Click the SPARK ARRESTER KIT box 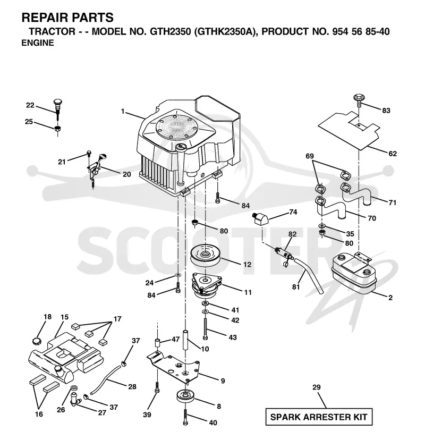[x=319, y=417]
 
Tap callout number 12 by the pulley [x=247, y=265]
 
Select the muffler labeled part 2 [x=353, y=274]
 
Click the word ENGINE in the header [x=38, y=43]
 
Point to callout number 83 [x=386, y=111]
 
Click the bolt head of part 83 [x=359, y=97]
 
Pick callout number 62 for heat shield [x=393, y=154]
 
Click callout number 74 [x=293, y=212]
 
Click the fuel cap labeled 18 [x=37, y=341]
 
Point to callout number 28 [x=132, y=386]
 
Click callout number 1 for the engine [x=123, y=111]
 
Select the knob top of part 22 [x=58, y=102]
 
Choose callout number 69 [x=310, y=156]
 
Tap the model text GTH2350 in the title [x=170, y=31]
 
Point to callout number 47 [x=175, y=339]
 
